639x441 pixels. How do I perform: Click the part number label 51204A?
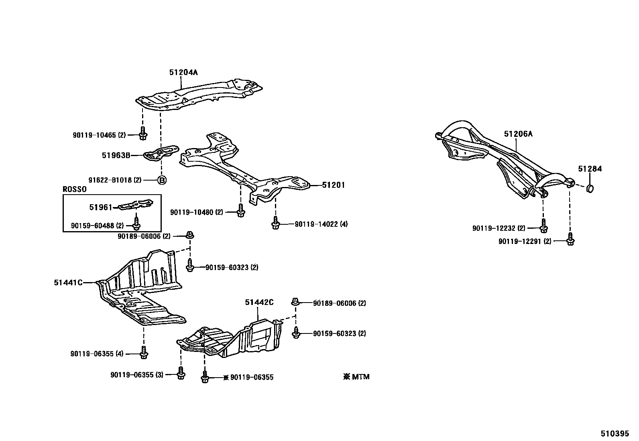[183, 72]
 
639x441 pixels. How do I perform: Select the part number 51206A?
[518, 134]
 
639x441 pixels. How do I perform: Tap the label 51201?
[333, 185]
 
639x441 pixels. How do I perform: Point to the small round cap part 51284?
[590, 188]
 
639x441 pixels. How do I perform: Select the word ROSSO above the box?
[75, 189]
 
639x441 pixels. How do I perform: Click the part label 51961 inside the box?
[100, 207]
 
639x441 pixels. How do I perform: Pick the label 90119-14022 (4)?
[321, 224]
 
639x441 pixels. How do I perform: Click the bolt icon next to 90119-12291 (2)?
[570, 239]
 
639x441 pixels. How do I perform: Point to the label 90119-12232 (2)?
[499, 228]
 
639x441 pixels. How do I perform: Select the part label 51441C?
[68, 282]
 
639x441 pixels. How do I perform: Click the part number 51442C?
[259, 302]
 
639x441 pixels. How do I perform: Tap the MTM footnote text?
[356, 377]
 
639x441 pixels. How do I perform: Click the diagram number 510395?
[615, 434]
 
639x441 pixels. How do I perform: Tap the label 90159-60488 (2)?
[98, 226]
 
